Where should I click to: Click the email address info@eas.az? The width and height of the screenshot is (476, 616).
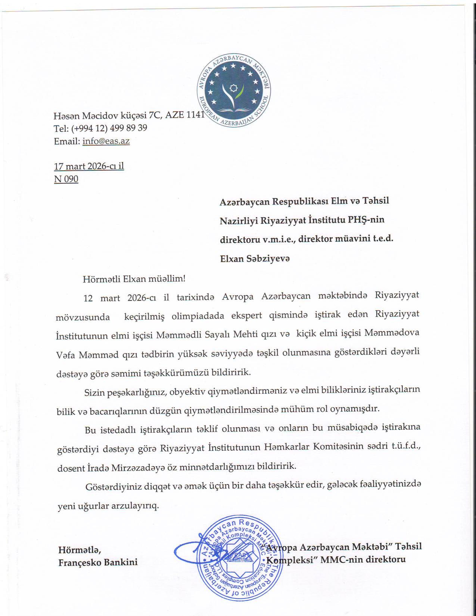point(106,141)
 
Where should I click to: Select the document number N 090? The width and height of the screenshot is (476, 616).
point(66,179)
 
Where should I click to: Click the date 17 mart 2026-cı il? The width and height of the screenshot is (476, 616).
point(89,166)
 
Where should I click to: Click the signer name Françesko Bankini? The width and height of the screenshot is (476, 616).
point(98,562)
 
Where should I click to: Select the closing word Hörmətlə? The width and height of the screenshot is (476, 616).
point(80,550)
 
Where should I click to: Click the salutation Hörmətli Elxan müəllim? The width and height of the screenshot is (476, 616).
point(134,279)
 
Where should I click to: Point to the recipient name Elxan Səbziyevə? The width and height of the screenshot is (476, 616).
point(255,258)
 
